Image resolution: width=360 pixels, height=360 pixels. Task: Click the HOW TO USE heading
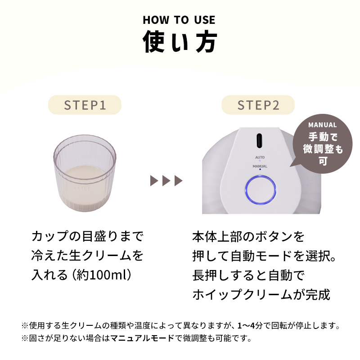click(x=179, y=20)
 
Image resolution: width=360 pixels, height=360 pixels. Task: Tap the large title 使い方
click(x=180, y=42)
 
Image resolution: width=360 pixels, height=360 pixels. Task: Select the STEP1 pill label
click(x=85, y=105)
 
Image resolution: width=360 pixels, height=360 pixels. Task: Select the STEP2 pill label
click(x=258, y=105)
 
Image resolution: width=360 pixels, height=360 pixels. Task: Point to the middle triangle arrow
click(x=166, y=181)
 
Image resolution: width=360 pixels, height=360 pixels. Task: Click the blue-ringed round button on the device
click(x=261, y=190)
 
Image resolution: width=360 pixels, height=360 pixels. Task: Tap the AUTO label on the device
click(x=260, y=157)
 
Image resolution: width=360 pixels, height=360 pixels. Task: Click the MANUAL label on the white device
click(x=260, y=166)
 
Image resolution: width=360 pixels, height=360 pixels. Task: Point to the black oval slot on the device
click(x=259, y=140)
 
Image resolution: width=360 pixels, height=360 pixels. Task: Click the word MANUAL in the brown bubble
click(x=322, y=125)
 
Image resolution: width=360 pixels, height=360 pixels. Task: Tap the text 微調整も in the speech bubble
click(x=323, y=149)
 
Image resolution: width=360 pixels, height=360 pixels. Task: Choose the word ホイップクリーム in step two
click(x=243, y=294)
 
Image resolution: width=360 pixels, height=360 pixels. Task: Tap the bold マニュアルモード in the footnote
click(x=142, y=338)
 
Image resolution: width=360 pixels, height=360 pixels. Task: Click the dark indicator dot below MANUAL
click(x=260, y=170)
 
